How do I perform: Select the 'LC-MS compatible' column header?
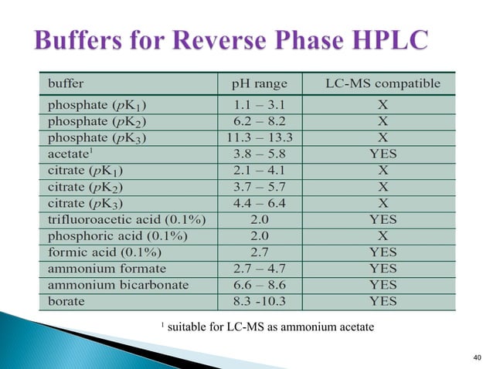(x=382, y=83)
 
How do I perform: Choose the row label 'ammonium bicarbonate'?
(x=117, y=284)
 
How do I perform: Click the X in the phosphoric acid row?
(x=382, y=235)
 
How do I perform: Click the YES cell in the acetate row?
(x=382, y=154)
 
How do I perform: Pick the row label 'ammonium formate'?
(x=107, y=268)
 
